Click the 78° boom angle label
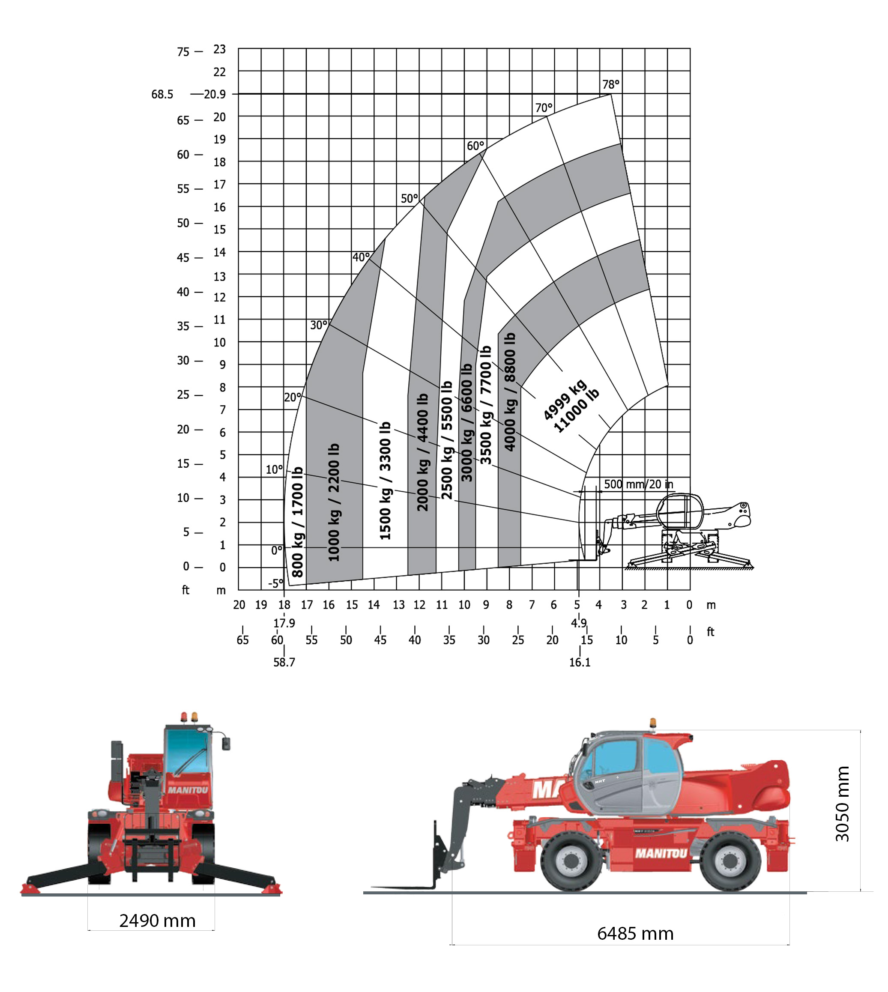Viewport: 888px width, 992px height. point(610,84)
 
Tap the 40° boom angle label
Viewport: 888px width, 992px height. point(361,257)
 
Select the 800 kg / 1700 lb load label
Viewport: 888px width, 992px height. point(298,522)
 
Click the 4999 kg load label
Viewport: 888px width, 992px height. point(565,399)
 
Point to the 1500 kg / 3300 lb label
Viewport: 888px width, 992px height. point(386,481)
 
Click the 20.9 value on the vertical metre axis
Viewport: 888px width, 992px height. point(215,94)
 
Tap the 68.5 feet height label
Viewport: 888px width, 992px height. point(162,94)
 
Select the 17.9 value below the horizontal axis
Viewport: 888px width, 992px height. point(284,623)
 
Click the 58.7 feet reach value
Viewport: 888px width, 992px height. point(284,662)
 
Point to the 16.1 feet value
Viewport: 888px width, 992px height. point(580,662)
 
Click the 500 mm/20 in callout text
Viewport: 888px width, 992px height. point(638,484)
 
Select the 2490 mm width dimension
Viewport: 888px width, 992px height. point(157,920)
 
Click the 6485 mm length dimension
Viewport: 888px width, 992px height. point(635,933)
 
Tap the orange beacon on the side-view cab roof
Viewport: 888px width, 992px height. point(653,723)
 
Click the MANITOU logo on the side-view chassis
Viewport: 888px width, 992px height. point(661,853)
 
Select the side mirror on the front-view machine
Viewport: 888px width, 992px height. point(226,744)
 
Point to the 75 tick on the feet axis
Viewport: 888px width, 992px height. point(183,52)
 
